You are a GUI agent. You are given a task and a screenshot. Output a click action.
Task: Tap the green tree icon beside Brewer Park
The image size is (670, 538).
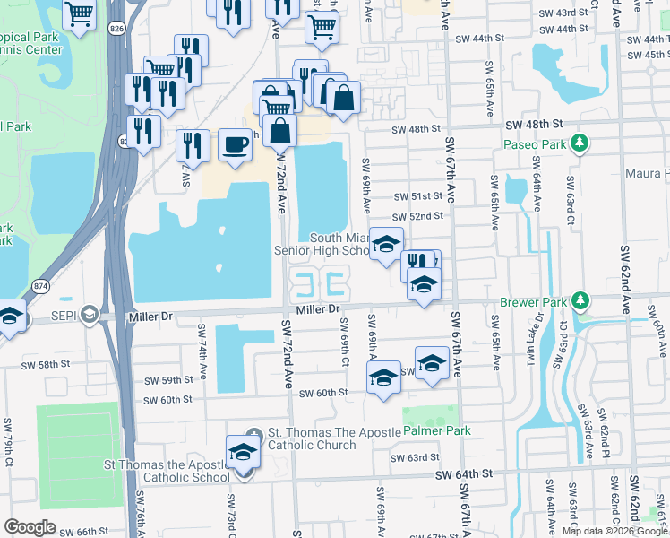581,300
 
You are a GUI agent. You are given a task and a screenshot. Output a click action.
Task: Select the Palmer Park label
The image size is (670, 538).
436,431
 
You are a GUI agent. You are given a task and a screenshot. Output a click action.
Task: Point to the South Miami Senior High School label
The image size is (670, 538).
339,244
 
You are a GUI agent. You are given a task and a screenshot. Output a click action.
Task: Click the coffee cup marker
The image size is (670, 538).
235,144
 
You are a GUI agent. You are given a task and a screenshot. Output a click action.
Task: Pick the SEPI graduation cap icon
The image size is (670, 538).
89,314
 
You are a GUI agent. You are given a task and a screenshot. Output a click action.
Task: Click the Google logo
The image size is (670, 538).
30,526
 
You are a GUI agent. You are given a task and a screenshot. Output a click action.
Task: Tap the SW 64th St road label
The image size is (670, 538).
464,473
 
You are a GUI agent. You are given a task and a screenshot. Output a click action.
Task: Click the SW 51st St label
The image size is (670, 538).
419,196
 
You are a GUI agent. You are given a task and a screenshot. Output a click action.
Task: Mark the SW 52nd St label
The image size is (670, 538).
419,216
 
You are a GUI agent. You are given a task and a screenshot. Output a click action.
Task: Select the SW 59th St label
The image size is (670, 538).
169,380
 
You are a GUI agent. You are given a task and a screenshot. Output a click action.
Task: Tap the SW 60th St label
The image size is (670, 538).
322,393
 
